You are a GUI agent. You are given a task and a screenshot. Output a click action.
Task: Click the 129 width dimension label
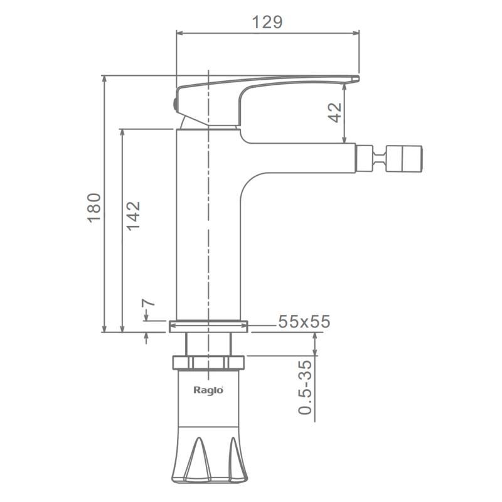(x=267, y=22)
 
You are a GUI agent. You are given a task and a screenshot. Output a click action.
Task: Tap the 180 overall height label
(x=94, y=208)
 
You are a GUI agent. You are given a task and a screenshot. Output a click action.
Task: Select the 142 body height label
(x=133, y=216)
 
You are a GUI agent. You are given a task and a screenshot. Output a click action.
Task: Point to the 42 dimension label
(x=335, y=112)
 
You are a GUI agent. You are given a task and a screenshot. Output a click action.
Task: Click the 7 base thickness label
(x=148, y=303)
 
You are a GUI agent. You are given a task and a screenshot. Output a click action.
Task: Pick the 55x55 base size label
(x=304, y=321)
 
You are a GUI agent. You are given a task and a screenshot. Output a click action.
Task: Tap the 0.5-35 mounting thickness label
(x=305, y=387)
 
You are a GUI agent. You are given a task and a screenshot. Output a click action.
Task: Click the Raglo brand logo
(x=208, y=390)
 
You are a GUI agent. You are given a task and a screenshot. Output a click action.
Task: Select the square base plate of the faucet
(x=208, y=326)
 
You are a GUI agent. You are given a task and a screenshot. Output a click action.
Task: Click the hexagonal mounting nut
(x=208, y=363)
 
